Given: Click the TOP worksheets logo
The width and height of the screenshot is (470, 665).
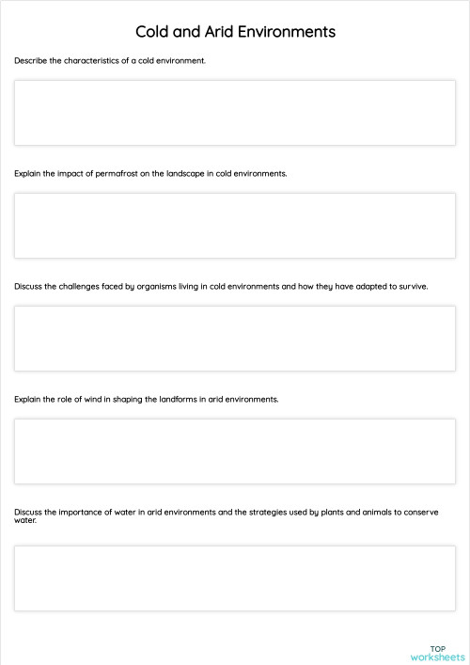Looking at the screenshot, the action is pos(437,653).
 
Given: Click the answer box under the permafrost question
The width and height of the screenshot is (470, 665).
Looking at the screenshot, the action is pos(234,226).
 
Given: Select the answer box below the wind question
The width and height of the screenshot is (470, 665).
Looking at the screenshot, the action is pos(234,451).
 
